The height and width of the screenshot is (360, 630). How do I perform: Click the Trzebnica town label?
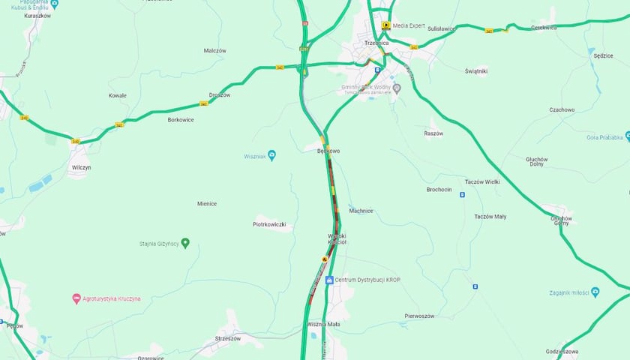click(377, 43)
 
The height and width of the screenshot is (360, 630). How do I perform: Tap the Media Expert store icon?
click(385, 25)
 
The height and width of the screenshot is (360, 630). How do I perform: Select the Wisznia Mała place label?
click(323, 325)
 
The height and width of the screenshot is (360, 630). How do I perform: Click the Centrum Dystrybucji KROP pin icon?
click(329, 280)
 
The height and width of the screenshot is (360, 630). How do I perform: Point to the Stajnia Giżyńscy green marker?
click(185, 243)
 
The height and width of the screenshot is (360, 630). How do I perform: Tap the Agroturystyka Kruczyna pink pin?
click(76, 298)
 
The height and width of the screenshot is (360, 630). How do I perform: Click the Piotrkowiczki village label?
click(269, 224)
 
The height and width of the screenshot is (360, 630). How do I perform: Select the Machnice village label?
click(361, 211)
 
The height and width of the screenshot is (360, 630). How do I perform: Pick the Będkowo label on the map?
click(328, 151)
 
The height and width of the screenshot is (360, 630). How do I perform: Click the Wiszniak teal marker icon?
click(271, 155)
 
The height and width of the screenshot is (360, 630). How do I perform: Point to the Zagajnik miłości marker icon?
click(595, 291)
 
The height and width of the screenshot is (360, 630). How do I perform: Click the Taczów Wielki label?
click(482, 181)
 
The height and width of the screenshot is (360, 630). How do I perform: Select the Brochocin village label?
click(439, 190)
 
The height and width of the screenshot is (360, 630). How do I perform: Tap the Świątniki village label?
click(475, 71)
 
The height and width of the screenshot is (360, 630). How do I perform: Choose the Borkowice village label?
click(181, 119)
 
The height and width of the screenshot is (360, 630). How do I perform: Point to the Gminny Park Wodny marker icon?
click(397, 88)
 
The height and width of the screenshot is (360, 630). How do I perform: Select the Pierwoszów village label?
click(419, 316)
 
